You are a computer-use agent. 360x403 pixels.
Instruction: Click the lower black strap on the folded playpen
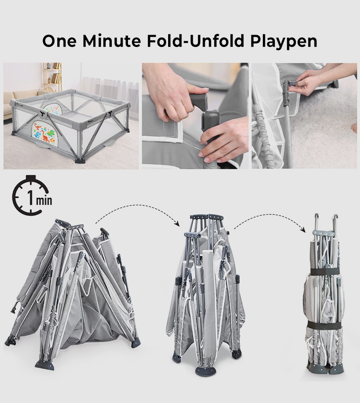tap(324, 325)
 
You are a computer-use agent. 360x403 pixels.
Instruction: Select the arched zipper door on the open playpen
tap(57, 105)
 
